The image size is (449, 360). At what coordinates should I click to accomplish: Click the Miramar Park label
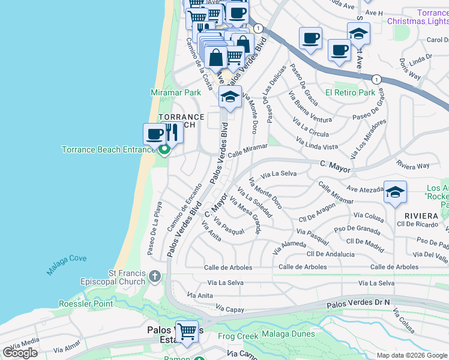point(175,93)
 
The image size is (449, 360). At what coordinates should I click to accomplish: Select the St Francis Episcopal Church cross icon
point(155,277)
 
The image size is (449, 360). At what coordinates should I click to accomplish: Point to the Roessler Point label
point(86,304)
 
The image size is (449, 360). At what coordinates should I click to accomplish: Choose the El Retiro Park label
point(350,93)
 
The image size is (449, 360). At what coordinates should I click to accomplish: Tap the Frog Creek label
point(238,336)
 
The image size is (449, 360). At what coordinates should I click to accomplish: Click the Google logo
point(20,353)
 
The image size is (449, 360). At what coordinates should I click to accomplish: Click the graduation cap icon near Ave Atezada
point(395,192)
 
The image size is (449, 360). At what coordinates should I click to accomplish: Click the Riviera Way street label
point(413,165)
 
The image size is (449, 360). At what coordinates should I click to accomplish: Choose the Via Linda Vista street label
point(317,143)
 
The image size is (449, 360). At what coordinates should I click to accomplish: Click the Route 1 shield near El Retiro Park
point(376,79)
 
